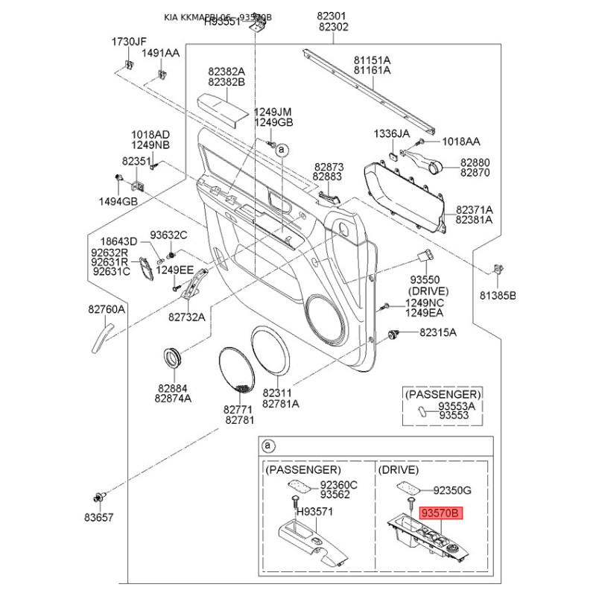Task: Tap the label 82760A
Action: tap(107, 309)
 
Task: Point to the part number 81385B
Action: tap(497, 295)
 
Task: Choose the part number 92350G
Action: tap(453, 491)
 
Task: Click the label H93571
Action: tap(315, 513)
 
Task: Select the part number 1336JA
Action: tap(392, 133)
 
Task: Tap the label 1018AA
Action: tap(461, 141)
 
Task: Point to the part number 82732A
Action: tap(186, 317)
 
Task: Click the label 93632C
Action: tap(168, 235)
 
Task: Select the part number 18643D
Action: tap(119, 241)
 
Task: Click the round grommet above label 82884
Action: tap(174, 358)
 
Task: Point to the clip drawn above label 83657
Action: tap(100, 497)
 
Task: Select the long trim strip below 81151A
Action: tap(369, 87)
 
